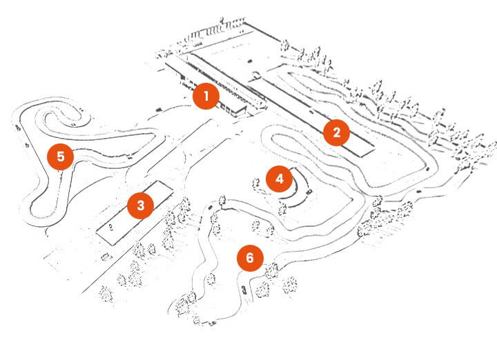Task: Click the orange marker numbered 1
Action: pos(205,97)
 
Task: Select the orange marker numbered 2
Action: pos(336,132)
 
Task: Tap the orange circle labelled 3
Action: pos(140,205)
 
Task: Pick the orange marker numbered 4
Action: pos(279,179)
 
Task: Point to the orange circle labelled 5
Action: pos(61,157)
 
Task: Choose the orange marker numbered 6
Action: pos(250,259)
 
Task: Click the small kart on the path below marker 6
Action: pos(244,288)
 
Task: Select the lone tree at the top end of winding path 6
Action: pos(222,201)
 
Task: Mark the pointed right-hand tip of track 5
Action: pos(160,134)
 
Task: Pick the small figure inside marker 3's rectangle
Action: pos(110,226)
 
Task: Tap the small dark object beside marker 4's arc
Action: pos(309,191)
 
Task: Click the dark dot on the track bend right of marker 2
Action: pos(432,166)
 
